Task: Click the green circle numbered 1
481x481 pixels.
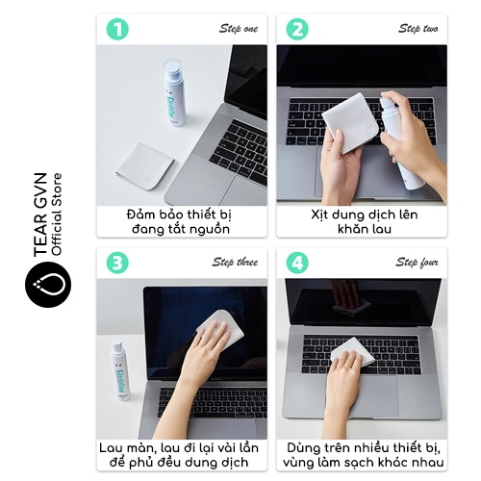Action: (x=117, y=29)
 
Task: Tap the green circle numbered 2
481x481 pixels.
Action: (x=297, y=29)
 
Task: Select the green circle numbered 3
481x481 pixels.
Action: (x=117, y=263)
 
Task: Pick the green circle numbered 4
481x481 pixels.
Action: (x=297, y=263)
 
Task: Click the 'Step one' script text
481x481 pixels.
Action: (x=239, y=29)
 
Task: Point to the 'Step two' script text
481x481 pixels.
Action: (x=418, y=29)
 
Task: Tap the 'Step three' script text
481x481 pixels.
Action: (x=235, y=262)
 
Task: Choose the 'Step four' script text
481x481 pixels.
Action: (x=417, y=262)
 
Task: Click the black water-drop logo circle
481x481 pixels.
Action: (x=48, y=285)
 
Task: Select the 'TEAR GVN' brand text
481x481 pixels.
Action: (x=40, y=215)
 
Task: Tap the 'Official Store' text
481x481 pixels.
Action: (x=57, y=215)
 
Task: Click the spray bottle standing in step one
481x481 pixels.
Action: (x=174, y=92)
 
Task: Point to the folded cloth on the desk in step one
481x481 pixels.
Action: (x=145, y=166)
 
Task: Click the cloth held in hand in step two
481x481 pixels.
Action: (x=349, y=123)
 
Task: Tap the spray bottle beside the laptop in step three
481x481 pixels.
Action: (x=120, y=370)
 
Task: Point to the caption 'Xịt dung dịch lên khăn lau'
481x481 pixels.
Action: (x=365, y=221)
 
